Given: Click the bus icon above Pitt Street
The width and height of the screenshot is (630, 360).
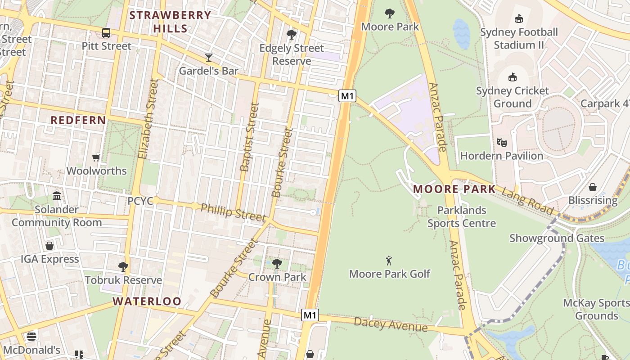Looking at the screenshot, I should click(106, 33).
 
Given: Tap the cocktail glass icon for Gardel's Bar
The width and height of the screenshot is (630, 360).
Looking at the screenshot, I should click(209, 57).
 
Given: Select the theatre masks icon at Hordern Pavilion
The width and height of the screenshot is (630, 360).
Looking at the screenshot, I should click(502, 143).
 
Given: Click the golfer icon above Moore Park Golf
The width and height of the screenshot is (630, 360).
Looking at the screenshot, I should click(389, 260).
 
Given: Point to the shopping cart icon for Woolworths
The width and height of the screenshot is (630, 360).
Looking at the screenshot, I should click(96, 157).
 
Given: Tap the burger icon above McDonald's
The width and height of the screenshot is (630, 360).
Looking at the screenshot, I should click(31, 336).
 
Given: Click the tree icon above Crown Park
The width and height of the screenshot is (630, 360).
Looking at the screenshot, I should click(277, 263).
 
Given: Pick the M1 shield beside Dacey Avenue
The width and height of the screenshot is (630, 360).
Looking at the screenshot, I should click(310, 315).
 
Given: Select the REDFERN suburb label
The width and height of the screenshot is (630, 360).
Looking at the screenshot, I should click(78, 120).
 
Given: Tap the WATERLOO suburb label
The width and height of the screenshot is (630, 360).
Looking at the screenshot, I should click(147, 301).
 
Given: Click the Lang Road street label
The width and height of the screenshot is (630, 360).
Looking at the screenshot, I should click(527, 201).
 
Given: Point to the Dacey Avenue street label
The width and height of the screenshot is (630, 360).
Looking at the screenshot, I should click(390, 324).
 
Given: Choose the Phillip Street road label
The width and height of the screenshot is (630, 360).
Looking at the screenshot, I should click(233, 212).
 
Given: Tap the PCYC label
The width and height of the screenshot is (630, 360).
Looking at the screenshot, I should click(140, 201).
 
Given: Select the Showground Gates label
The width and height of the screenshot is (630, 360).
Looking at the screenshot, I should click(557, 238).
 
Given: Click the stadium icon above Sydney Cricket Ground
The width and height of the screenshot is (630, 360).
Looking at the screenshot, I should click(512, 77).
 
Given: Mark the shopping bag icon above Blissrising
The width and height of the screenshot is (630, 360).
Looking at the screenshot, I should click(593, 187).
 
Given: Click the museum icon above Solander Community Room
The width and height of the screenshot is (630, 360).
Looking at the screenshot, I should click(57, 196).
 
